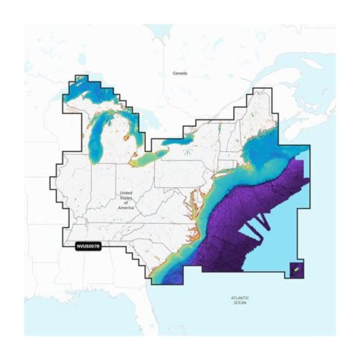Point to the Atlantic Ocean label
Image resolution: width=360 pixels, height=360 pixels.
click(x=242, y=298)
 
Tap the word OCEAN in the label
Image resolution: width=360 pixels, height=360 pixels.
click(x=242, y=302)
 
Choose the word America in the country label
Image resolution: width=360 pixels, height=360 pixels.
click(x=126, y=207)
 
